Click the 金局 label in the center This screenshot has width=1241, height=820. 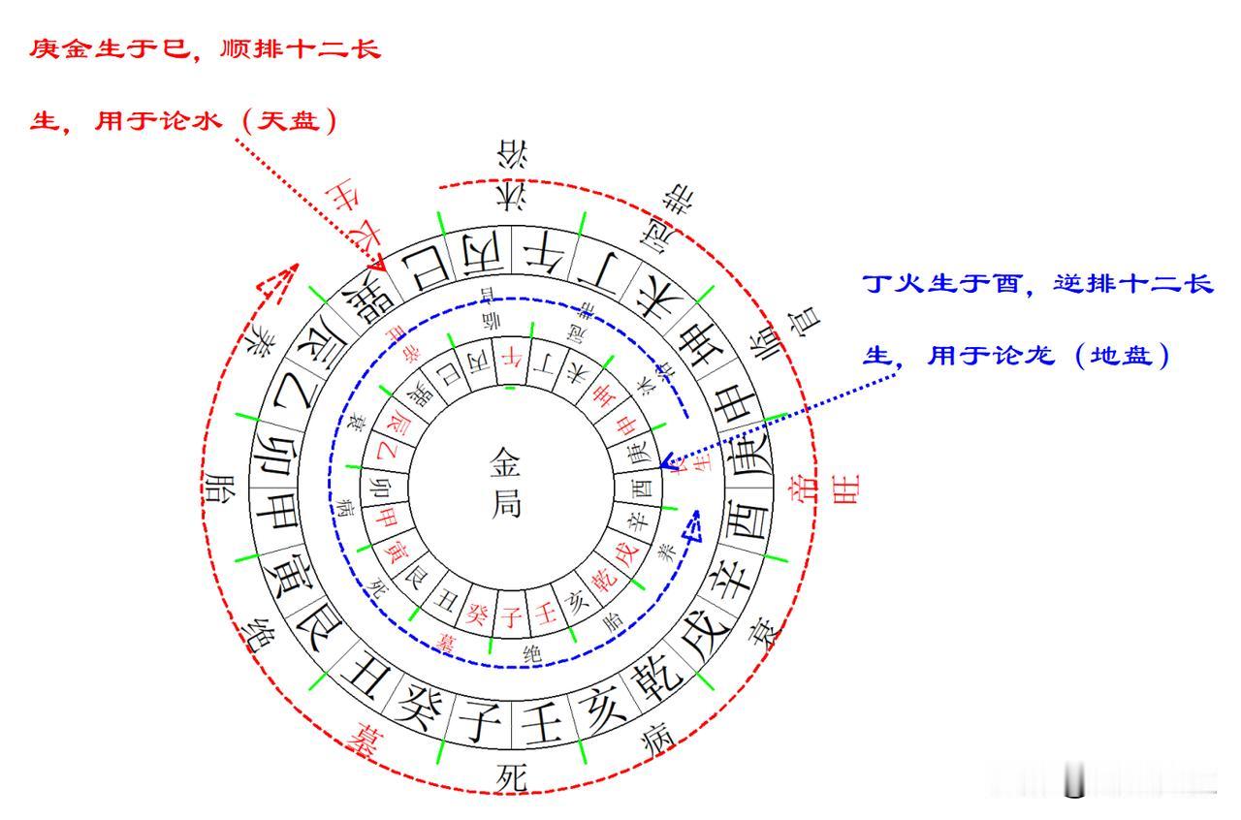coord(504,482)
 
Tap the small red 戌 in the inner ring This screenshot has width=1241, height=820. coord(625,556)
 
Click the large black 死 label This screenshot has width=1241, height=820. coord(511,776)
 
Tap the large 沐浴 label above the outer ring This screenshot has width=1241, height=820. coord(512,175)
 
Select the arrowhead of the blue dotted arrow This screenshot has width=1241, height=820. coord(666,463)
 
